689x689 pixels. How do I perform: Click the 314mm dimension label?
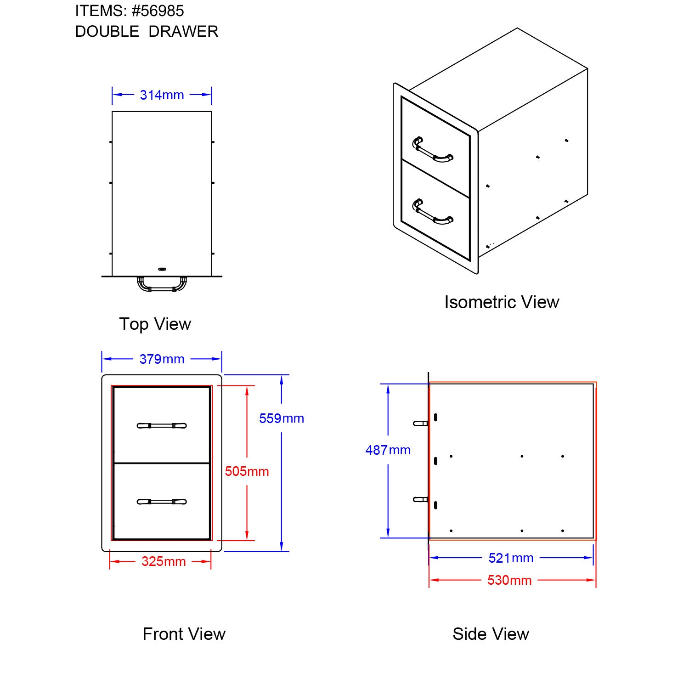[x=162, y=95]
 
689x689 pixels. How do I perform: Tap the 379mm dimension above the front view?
[x=162, y=359]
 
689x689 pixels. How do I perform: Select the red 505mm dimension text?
[x=247, y=471]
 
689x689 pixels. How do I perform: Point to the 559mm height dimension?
[x=281, y=418]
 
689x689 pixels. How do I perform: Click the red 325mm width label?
[x=163, y=561]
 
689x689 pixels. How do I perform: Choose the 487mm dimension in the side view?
[x=388, y=450]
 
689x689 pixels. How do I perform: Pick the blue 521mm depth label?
[x=510, y=558]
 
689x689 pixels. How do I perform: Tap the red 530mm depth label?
[x=509, y=580]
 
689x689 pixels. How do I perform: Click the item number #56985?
[x=158, y=11]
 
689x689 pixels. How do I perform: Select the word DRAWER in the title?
[x=183, y=32]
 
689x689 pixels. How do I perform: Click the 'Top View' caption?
[x=155, y=324]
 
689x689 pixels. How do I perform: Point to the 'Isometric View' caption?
[x=502, y=302]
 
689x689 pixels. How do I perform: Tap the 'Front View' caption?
[x=184, y=634]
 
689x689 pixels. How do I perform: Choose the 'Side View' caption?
[x=491, y=634]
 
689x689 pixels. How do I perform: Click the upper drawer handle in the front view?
[x=162, y=426]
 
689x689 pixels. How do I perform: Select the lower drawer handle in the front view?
[x=162, y=502]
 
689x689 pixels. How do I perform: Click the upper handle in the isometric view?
[x=432, y=151]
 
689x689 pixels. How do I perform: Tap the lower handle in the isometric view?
[x=432, y=213]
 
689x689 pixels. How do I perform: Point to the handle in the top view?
[x=162, y=285]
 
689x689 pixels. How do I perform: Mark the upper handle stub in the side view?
[x=420, y=424]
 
